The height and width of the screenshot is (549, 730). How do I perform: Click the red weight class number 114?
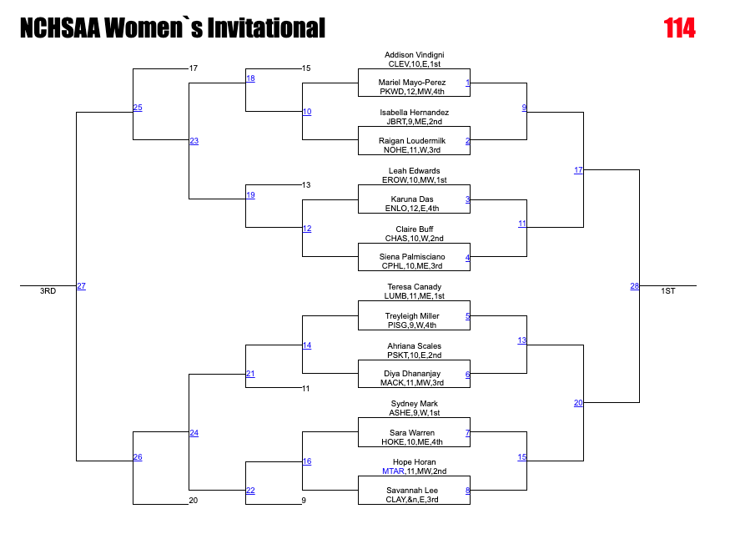(679, 28)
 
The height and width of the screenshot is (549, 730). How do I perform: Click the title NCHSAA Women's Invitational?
(172, 29)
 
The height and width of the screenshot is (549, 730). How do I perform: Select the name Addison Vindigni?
(414, 55)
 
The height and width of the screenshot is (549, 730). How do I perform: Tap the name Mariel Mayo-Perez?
(412, 83)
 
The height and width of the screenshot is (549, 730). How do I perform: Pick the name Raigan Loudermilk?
(413, 141)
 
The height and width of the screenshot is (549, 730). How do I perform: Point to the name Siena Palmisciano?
(412, 257)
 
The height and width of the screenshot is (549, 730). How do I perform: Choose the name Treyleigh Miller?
(412, 316)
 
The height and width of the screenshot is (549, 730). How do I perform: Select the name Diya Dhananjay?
(412, 374)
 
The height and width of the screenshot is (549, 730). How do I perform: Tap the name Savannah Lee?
(412, 491)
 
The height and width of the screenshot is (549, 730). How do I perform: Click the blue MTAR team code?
(392, 471)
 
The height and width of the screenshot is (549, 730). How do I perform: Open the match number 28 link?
(635, 286)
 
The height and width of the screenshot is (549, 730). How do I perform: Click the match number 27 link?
(81, 286)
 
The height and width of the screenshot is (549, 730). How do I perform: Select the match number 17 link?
(578, 170)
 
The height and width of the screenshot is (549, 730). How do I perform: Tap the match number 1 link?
(468, 83)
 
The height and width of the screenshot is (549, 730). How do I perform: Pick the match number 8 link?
(468, 491)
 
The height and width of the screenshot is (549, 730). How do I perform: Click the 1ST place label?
(668, 291)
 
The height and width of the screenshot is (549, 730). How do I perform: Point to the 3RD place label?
(48, 291)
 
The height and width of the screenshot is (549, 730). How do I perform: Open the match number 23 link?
(194, 141)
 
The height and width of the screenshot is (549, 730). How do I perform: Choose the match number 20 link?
(578, 403)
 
